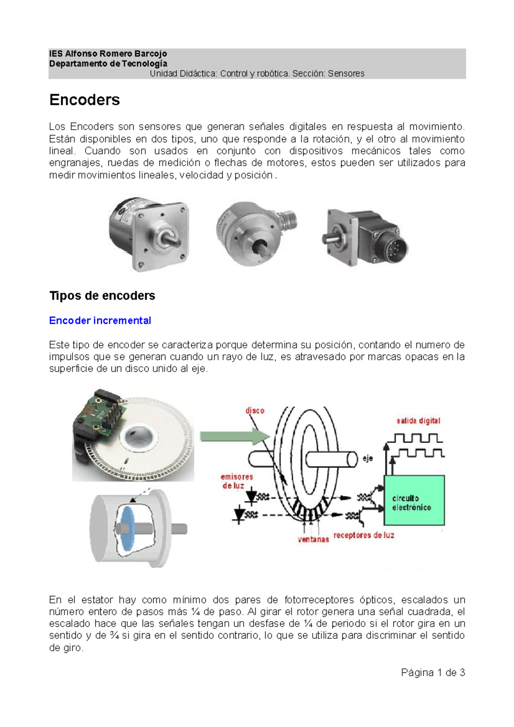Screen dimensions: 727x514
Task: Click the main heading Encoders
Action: click(84, 100)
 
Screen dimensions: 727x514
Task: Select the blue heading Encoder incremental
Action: click(100, 321)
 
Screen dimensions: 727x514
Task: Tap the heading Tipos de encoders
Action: click(102, 296)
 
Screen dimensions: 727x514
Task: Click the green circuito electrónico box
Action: click(414, 500)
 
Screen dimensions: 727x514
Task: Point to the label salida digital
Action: click(418, 421)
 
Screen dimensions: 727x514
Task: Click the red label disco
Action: click(255, 411)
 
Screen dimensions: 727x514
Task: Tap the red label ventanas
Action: click(313, 539)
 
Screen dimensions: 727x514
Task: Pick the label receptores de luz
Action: click(364, 535)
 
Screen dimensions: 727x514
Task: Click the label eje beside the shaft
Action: click(368, 459)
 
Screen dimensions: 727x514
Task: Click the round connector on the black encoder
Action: click(394, 248)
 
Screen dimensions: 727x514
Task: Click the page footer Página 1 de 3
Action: click(433, 673)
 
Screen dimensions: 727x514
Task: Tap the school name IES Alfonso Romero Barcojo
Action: click(108, 54)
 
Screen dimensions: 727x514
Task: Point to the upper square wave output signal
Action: click(414, 438)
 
